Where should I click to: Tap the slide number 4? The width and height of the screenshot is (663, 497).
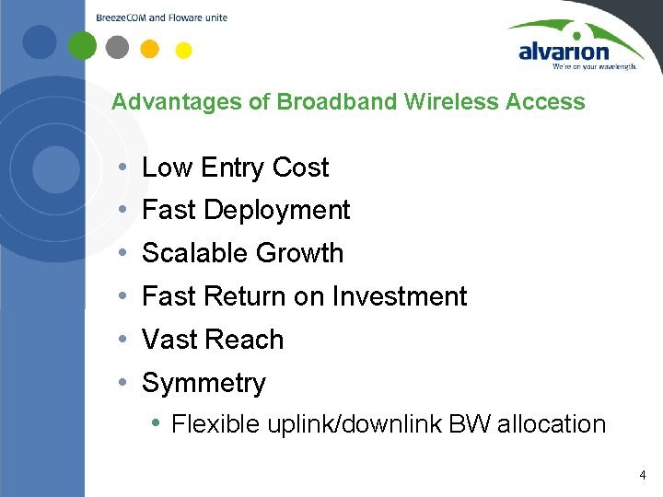(x=642, y=476)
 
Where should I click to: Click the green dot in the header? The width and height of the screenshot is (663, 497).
(x=83, y=45)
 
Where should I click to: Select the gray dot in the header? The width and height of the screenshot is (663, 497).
(x=117, y=46)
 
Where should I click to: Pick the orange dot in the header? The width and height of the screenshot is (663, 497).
(x=150, y=48)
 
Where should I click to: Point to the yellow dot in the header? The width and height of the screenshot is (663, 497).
(x=183, y=50)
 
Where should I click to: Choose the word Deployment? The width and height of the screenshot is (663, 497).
(x=276, y=211)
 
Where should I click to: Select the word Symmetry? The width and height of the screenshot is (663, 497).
(x=204, y=383)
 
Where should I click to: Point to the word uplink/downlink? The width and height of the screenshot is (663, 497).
(x=355, y=424)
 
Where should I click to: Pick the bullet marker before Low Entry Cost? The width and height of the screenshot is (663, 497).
(x=122, y=168)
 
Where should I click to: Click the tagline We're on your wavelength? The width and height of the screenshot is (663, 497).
(x=594, y=66)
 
